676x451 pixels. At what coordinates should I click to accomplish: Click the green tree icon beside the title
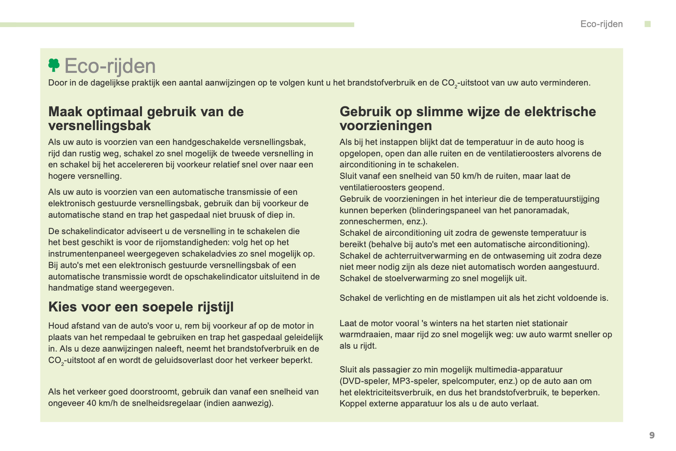54,65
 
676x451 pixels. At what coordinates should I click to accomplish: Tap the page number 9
652,436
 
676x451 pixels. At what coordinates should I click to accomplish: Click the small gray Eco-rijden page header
601,24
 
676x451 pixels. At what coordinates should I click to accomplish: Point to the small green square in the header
647,24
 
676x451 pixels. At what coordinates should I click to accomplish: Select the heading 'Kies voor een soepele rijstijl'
141,307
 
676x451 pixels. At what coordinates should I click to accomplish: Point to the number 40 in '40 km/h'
91,403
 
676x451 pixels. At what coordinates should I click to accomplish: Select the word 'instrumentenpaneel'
83,254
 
